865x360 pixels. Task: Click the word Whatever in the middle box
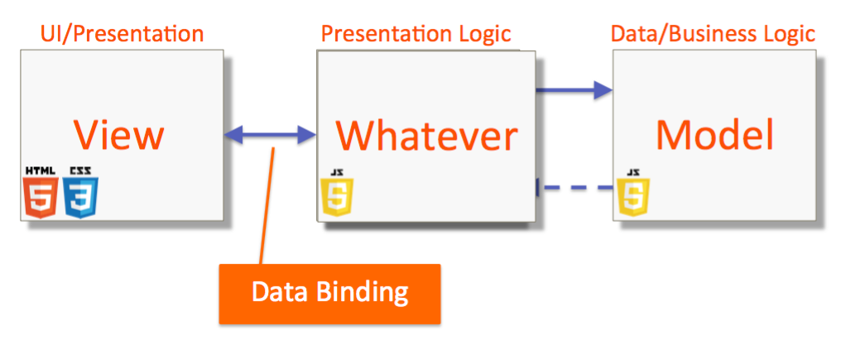pyautogui.click(x=426, y=136)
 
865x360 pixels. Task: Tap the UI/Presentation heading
pyautogui.click(x=122, y=34)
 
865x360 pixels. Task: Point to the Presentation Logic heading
pyautogui.click(x=416, y=34)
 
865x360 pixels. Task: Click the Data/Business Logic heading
pyautogui.click(x=713, y=34)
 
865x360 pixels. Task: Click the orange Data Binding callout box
pyautogui.click(x=329, y=293)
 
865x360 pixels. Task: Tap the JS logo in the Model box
pyautogui.click(x=633, y=194)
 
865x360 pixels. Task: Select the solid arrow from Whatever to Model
pyautogui.click(x=571, y=89)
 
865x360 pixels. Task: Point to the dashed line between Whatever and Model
pyautogui.click(x=577, y=189)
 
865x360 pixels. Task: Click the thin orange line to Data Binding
pyautogui.click(x=267, y=207)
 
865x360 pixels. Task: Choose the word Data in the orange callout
pyautogui.click(x=279, y=293)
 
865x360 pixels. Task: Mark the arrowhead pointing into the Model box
pyautogui.click(x=603, y=89)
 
